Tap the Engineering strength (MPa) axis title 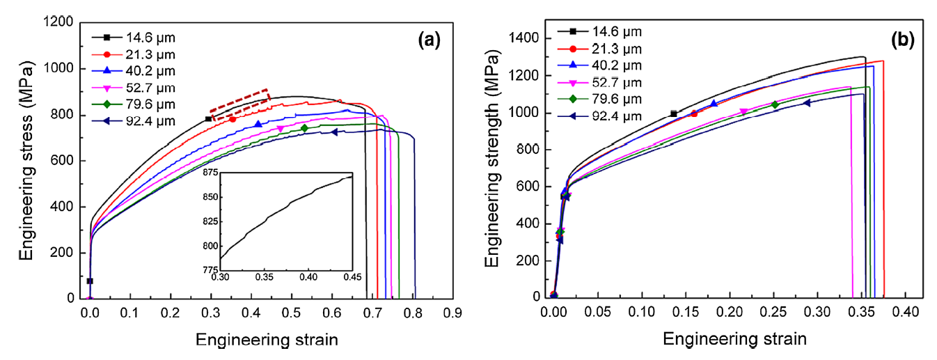pos(492,158)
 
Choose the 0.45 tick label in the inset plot pos(352,277)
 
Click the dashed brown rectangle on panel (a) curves pos(240,104)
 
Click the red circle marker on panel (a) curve pos(233,119)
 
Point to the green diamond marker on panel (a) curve pos(304,128)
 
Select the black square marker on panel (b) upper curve pos(673,114)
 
